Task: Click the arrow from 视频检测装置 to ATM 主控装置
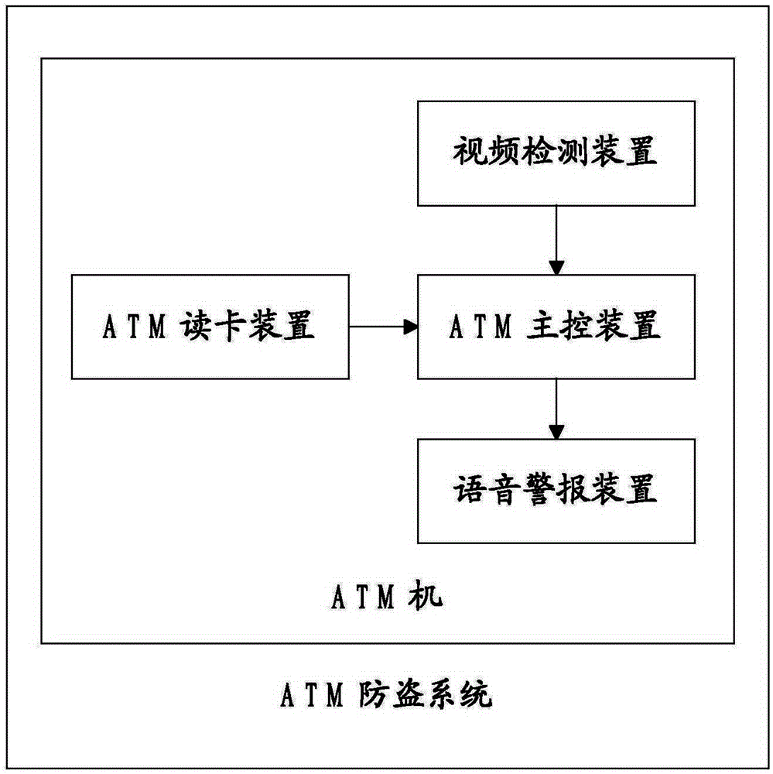click(556, 241)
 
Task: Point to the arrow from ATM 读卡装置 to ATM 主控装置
click(384, 327)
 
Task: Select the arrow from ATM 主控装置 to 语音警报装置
click(556, 409)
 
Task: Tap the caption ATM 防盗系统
click(387, 695)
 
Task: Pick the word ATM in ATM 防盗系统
click(312, 696)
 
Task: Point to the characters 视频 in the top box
click(486, 151)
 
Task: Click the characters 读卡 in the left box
click(214, 326)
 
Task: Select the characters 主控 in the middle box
click(559, 326)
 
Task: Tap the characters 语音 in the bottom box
click(486, 489)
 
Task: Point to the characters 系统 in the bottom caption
click(460, 695)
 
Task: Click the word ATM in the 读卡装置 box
click(135, 327)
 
